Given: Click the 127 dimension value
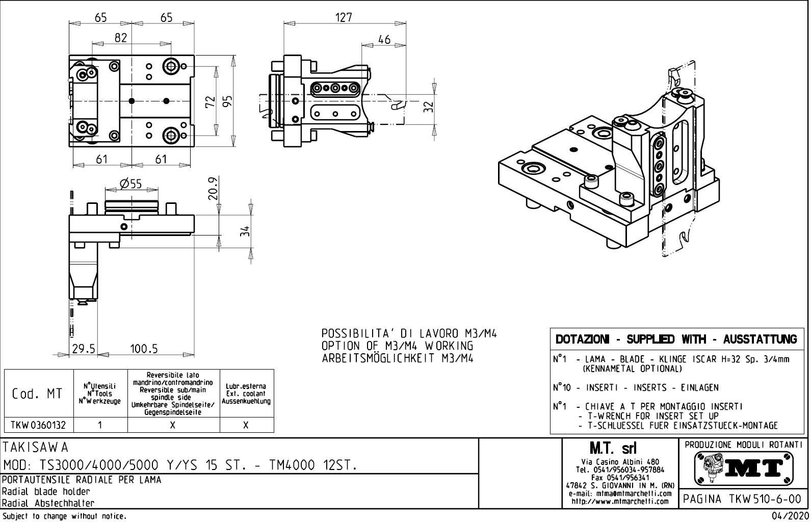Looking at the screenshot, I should [x=344, y=17].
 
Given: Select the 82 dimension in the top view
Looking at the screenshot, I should [x=120, y=38].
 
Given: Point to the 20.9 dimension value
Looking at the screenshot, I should [x=214, y=188].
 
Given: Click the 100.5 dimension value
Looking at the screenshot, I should [x=144, y=349].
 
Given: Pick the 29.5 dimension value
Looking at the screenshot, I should [x=84, y=349].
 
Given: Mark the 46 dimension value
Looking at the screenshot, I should [x=384, y=39].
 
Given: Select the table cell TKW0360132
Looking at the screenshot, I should [x=39, y=425].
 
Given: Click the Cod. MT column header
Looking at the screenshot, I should [x=38, y=394].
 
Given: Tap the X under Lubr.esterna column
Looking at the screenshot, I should [x=246, y=425].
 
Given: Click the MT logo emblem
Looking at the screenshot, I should [x=742, y=467].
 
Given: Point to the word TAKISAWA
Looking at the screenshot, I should [x=36, y=448].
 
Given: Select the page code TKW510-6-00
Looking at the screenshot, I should [x=742, y=499].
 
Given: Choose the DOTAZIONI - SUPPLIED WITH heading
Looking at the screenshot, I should [x=676, y=339].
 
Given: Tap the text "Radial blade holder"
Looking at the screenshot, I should [x=46, y=491].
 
